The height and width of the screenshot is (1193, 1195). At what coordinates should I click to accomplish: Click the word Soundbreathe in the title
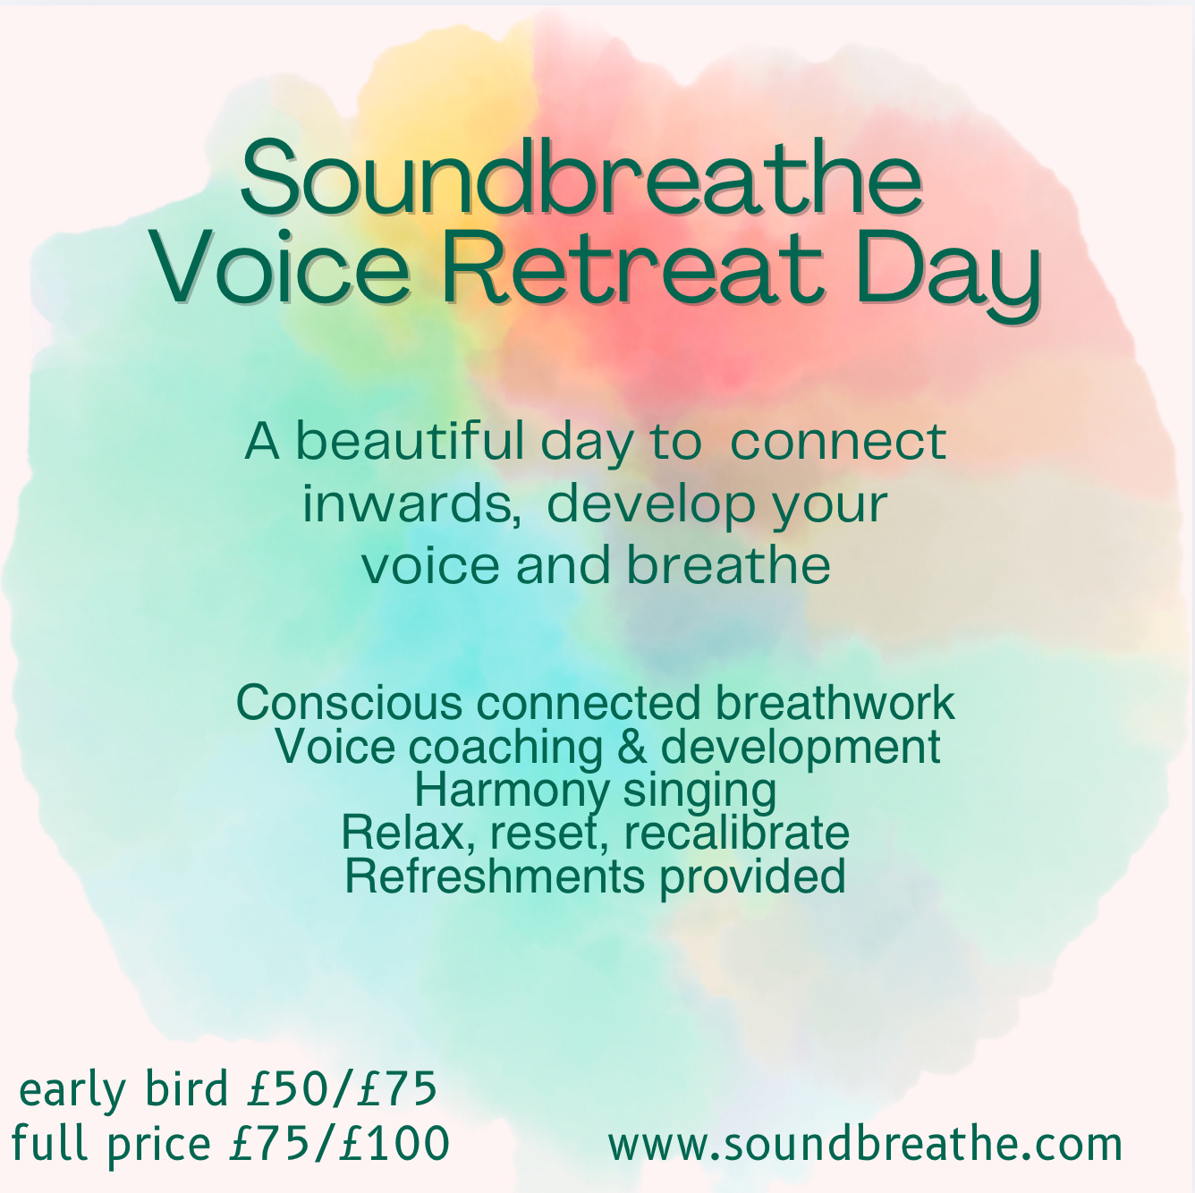[581, 177]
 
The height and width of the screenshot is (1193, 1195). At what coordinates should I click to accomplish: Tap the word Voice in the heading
[278, 267]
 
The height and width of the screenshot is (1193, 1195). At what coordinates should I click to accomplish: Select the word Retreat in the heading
[631, 267]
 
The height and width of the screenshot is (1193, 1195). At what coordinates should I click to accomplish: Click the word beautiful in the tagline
[410, 442]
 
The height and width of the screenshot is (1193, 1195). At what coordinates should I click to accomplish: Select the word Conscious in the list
[349, 703]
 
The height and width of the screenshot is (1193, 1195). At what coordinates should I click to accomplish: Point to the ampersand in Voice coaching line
[632, 746]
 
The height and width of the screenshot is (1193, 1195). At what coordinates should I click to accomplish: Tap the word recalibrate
[737, 833]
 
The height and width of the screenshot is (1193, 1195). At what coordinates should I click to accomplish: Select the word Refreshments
[495, 876]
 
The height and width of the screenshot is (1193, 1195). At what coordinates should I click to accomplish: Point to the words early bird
[124, 1091]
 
